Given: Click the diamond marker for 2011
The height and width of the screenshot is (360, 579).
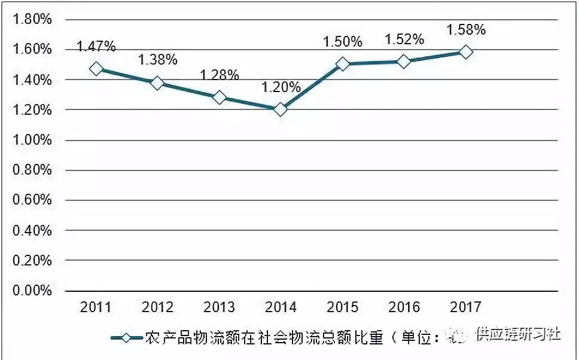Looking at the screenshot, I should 96,69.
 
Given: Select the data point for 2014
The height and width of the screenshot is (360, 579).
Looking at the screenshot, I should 281,109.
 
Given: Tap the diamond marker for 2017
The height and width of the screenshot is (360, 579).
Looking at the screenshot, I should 465,52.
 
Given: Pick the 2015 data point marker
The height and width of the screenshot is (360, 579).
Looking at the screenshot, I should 342,64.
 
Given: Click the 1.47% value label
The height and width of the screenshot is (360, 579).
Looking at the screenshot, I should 96,46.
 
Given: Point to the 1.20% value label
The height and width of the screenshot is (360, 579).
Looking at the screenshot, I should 281,87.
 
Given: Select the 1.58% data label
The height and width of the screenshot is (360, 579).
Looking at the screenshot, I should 466,29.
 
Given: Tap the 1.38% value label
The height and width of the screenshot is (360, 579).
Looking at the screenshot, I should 158,60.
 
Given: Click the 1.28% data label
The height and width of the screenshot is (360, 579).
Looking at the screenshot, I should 220,75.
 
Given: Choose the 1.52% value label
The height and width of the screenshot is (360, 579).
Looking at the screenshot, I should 404,39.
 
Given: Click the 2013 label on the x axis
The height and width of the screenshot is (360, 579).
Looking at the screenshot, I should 219,308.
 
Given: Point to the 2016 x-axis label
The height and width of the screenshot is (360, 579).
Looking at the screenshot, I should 404,308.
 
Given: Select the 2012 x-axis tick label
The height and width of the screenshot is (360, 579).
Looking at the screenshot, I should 158,308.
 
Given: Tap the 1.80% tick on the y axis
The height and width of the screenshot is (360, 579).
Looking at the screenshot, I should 32,19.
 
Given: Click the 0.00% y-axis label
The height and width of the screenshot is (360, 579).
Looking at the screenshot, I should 32,291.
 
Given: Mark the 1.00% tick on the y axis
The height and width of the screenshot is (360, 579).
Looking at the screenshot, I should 32,140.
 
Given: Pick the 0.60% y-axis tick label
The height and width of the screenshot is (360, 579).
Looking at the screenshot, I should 32,200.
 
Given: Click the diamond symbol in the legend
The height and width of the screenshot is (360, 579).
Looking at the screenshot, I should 126,337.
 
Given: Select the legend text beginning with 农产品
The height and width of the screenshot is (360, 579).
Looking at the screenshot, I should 281,337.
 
